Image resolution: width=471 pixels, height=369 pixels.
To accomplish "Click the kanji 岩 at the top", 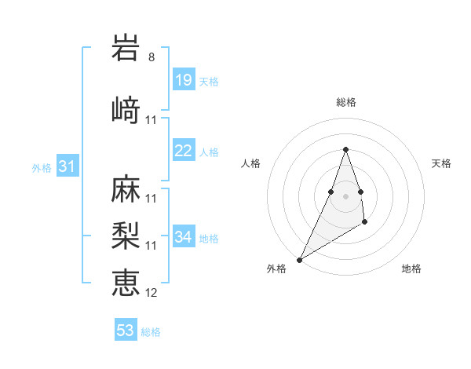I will pos(126,48).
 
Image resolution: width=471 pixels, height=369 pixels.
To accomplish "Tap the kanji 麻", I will pos(126,189).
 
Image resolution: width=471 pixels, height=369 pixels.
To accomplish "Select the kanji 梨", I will pos(126,236).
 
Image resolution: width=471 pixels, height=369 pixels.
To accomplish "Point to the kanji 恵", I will pos(126,281).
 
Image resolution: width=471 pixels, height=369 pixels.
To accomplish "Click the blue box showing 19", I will pos(183,80).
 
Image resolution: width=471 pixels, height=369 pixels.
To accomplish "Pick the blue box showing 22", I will pos(183,151).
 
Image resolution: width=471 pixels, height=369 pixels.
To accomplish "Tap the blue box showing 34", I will pos(183,237).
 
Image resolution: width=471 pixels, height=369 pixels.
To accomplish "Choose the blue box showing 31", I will pos(68,166).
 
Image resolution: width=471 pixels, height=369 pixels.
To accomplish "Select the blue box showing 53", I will pos(126,331).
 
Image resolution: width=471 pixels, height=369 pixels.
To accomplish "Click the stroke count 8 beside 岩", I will pos(152,57).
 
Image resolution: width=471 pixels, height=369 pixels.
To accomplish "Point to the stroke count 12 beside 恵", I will pos(152,293).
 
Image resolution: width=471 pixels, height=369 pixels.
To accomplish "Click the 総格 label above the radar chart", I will pos(345,102).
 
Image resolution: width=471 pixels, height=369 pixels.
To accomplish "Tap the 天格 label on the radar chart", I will pos(441,163).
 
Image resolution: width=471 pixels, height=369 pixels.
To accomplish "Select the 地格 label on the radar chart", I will pos(411,269).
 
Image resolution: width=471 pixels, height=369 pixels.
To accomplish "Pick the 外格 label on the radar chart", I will pos(277,269).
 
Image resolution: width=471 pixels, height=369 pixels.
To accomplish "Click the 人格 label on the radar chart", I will pos(250,163).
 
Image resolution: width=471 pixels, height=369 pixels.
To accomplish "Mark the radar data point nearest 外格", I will pos(299,259).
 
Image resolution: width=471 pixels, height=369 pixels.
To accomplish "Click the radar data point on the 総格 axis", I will pos(345,149).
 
